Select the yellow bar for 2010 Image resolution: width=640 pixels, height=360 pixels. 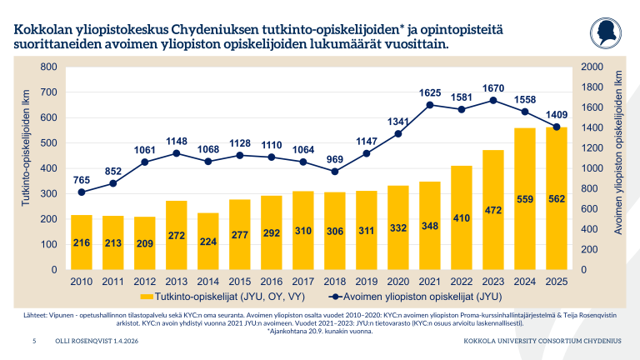[82, 242]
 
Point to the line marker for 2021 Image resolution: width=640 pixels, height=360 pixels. [430, 105]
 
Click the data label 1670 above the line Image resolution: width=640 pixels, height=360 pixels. [494, 87]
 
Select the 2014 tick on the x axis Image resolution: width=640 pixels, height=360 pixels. [208, 281]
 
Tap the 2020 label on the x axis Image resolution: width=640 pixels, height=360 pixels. [398, 281]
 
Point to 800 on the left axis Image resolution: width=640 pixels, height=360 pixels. [49, 67]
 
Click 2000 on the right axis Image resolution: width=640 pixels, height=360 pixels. [592, 67]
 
